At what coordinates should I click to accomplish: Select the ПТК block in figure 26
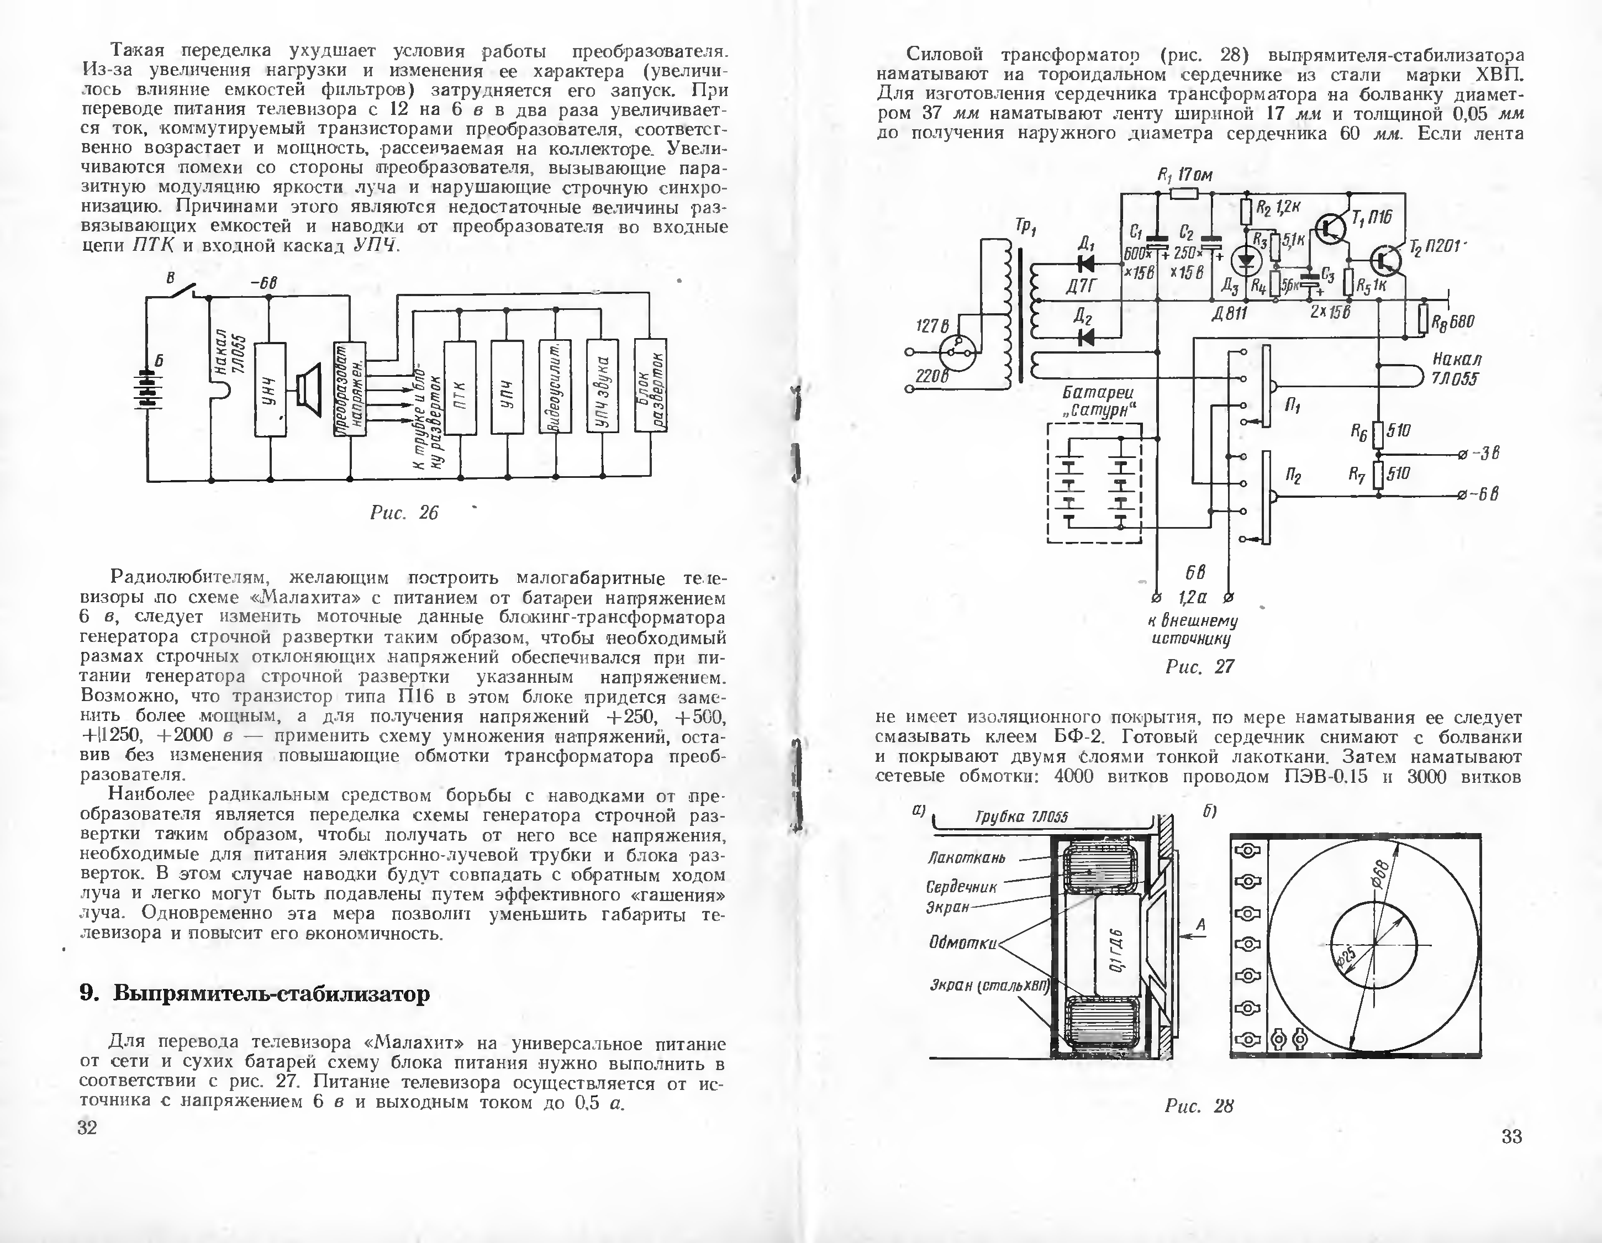[461, 387]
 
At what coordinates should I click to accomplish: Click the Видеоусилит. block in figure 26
[555, 386]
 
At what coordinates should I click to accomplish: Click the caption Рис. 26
[403, 513]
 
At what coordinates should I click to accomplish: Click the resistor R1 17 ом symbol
[1184, 193]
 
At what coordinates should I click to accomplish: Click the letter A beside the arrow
[1201, 926]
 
